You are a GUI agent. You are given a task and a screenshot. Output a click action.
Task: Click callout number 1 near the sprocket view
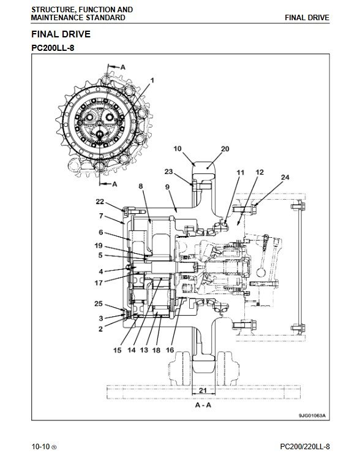pyautogui.click(x=152, y=80)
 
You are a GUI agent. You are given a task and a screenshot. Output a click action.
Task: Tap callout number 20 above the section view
pyautogui.click(x=225, y=149)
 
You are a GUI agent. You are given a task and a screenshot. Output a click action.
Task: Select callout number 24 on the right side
pyautogui.click(x=285, y=177)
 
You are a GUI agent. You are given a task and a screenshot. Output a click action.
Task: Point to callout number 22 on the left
pyautogui.click(x=100, y=202)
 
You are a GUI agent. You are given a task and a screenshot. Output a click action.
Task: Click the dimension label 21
pyautogui.click(x=203, y=390)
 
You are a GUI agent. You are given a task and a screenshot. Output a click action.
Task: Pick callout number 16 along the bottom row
pyautogui.click(x=170, y=350)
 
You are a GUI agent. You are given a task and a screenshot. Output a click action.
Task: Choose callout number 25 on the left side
pyautogui.click(x=99, y=303)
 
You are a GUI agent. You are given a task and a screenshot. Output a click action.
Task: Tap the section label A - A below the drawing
pyautogui.click(x=203, y=405)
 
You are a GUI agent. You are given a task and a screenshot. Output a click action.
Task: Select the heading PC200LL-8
pyautogui.click(x=53, y=48)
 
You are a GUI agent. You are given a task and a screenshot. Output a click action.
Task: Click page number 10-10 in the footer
pyautogui.click(x=41, y=447)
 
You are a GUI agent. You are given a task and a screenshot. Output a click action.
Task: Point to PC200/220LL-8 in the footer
pyautogui.click(x=305, y=447)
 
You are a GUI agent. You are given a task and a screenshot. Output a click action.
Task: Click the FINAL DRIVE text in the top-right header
pyautogui.click(x=307, y=18)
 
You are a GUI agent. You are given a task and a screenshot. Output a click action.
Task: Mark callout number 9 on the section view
pyautogui.click(x=167, y=187)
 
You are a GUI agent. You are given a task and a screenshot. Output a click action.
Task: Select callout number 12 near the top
pyautogui.click(x=260, y=172)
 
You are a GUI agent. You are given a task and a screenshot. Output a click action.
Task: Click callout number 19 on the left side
pyautogui.click(x=99, y=246)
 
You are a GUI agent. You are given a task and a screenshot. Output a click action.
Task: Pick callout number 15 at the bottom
pyautogui.click(x=117, y=351)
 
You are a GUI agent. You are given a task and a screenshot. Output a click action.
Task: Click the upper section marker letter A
pyautogui.click(x=123, y=67)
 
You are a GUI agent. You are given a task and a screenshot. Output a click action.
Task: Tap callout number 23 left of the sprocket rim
pyautogui.click(x=168, y=172)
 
